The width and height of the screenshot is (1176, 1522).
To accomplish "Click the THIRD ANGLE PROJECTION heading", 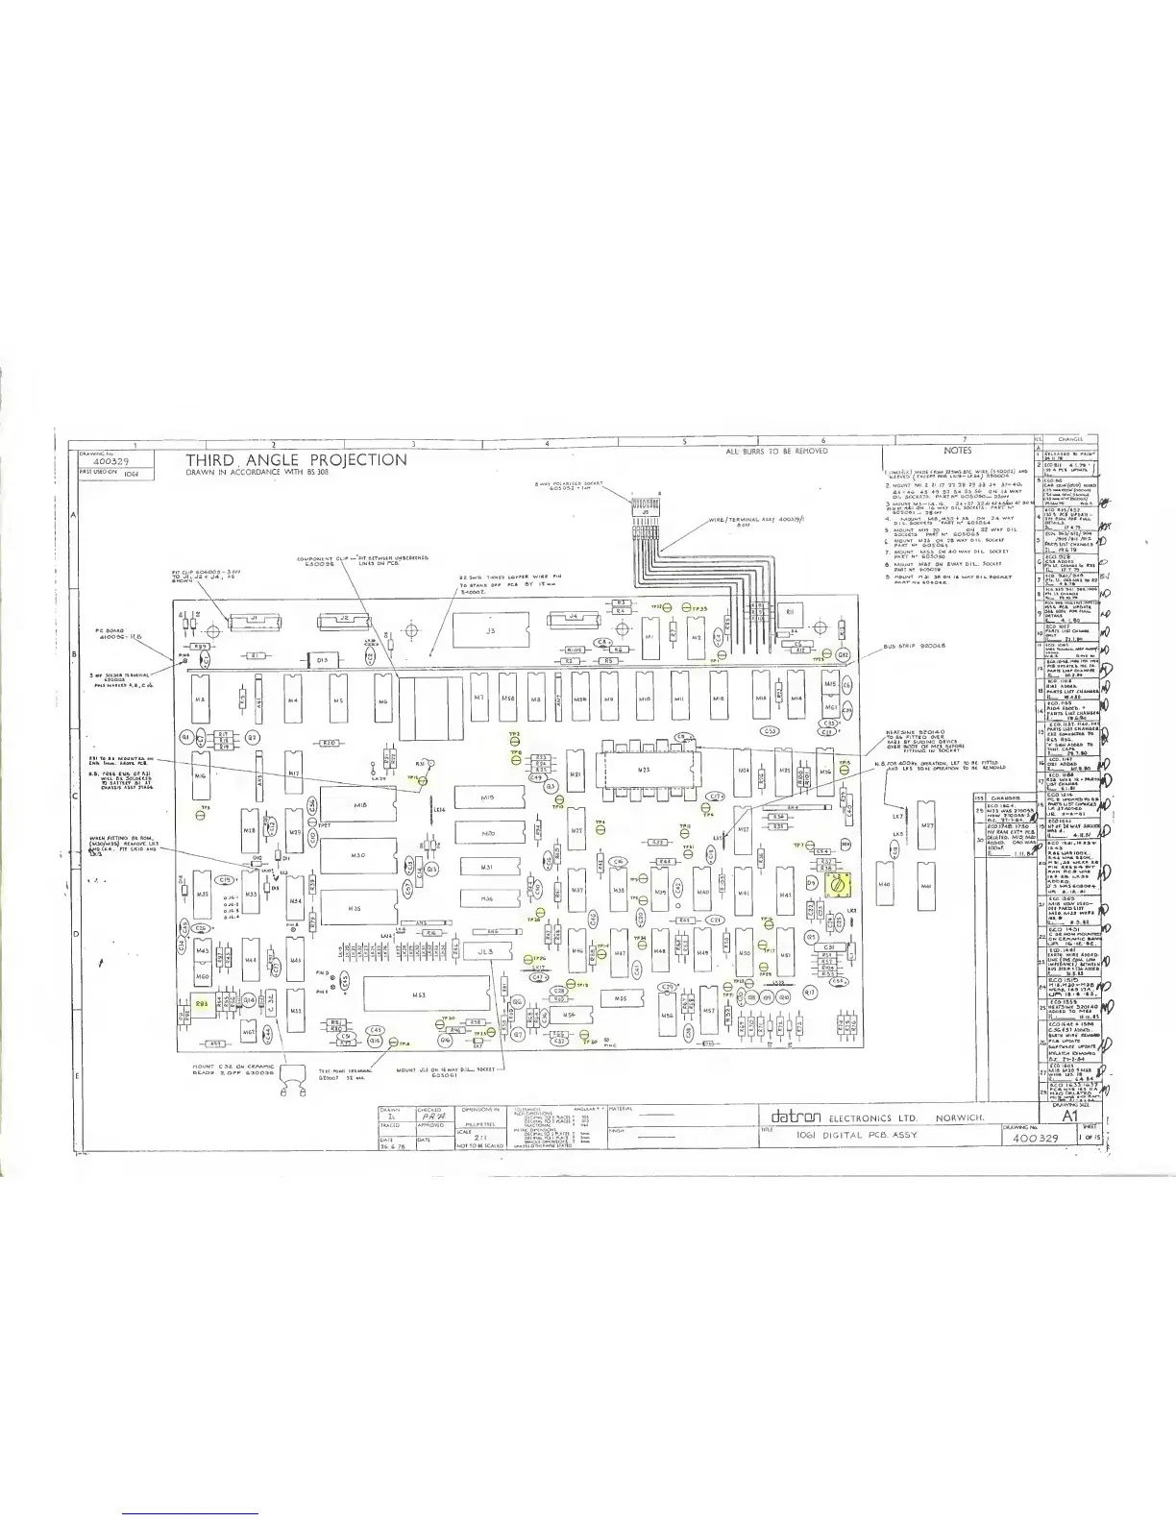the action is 296,460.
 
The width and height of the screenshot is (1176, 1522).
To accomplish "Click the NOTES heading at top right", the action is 957,451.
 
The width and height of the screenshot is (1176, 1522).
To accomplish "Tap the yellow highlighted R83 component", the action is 202,1002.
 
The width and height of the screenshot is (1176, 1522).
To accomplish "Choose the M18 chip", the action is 359,805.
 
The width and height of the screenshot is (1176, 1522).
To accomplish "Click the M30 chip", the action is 357,855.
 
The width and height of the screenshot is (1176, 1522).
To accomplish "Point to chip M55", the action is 621,999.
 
